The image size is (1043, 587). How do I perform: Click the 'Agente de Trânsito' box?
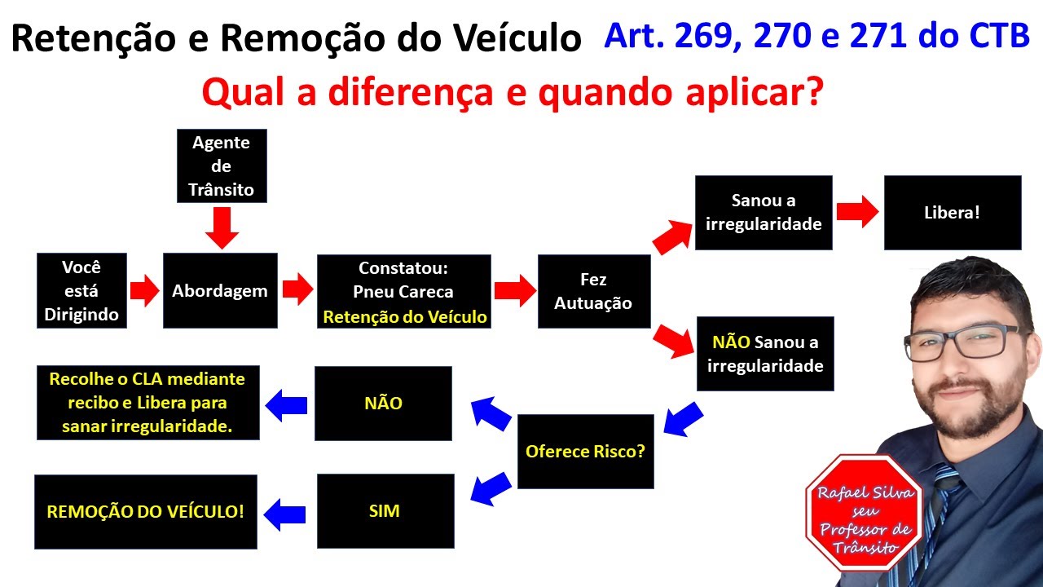pyautogui.click(x=222, y=166)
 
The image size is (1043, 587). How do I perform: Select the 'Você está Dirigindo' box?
pyautogui.click(x=81, y=291)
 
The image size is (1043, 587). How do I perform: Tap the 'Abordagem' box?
pyautogui.click(x=220, y=291)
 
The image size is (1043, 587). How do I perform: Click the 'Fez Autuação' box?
pyautogui.click(x=593, y=291)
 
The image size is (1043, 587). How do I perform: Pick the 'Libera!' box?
pyautogui.click(x=952, y=213)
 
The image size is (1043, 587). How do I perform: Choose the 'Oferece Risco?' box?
pyautogui.click(x=585, y=451)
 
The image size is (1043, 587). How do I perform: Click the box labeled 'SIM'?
pyautogui.click(x=385, y=511)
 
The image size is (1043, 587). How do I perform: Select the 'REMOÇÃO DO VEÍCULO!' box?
pyautogui.click(x=145, y=511)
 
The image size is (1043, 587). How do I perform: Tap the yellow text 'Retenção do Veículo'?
pyautogui.click(x=405, y=317)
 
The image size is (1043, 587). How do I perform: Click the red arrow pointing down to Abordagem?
pyautogui.click(x=222, y=227)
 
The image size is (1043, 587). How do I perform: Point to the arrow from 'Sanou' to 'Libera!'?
pyautogui.click(x=857, y=213)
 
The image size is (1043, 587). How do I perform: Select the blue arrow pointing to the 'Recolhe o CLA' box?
pyautogui.click(x=286, y=404)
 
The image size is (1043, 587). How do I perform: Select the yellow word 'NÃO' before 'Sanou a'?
pyautogui.click(x=731, y=342)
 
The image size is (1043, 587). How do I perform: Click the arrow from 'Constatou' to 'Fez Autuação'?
pyautogui.click(x=514, y=289)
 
